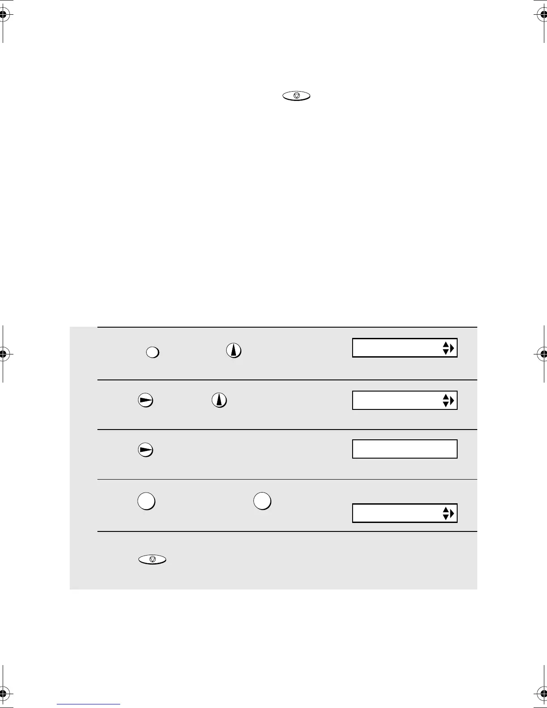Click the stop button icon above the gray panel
coord(296,96)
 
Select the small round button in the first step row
coord(152,352)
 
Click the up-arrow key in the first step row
coord(234,350)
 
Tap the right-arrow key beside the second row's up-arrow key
coord(145,400)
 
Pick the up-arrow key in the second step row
coord(219,399)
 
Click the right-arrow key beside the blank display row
coord(145,450)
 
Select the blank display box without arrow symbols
coord(404,449)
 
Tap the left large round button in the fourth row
coord(146,501)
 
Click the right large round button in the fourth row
coord(262,501)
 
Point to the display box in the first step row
coord(404,348)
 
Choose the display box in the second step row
coord(404,400)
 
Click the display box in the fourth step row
coord(404,513)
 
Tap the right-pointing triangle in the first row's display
coord(452,348)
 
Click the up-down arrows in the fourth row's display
coord(445,514)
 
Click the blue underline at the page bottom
coord(88,704)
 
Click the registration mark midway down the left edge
coord(4,354)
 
